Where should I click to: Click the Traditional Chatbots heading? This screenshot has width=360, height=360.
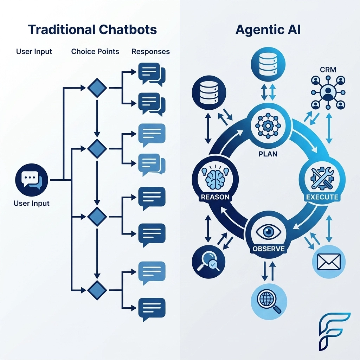click(92, 30)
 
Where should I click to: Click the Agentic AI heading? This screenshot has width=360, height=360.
click(268, 30)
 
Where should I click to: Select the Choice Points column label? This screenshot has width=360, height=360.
click(95, 51)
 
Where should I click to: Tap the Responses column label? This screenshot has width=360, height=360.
click(150, 51)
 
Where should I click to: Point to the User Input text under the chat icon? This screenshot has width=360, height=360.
click(31, 203)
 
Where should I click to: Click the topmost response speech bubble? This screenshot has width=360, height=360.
click(151, 73)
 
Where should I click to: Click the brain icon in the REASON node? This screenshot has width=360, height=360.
click(215, 176)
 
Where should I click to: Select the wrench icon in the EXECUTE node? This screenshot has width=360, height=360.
click(322, 177)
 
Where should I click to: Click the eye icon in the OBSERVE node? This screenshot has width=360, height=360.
click(268, 232)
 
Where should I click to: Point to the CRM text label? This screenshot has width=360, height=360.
click(328, 70)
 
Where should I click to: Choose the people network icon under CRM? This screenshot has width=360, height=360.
click(328, 92)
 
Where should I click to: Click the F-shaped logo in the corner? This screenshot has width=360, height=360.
click(334, 331)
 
